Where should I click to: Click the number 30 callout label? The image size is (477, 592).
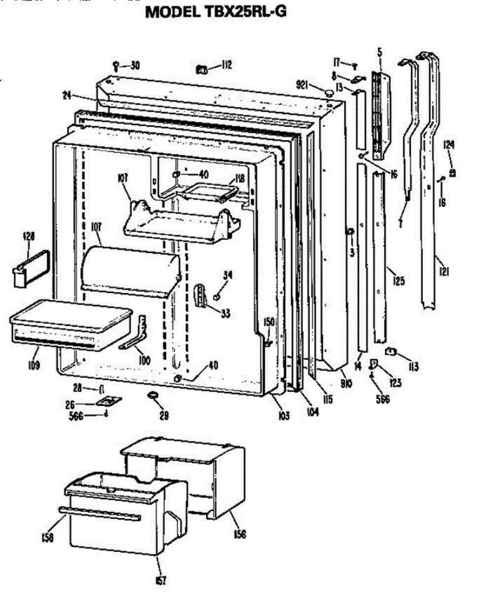[x=135, y=66]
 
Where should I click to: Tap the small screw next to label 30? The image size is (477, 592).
[x=116, y=66]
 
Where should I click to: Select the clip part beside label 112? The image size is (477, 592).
[x=202, y=70]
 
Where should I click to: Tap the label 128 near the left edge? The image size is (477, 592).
[x=29, y=236]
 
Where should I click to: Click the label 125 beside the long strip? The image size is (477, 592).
[x=399, y=282]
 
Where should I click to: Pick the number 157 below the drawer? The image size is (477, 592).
[x=160, y=580]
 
